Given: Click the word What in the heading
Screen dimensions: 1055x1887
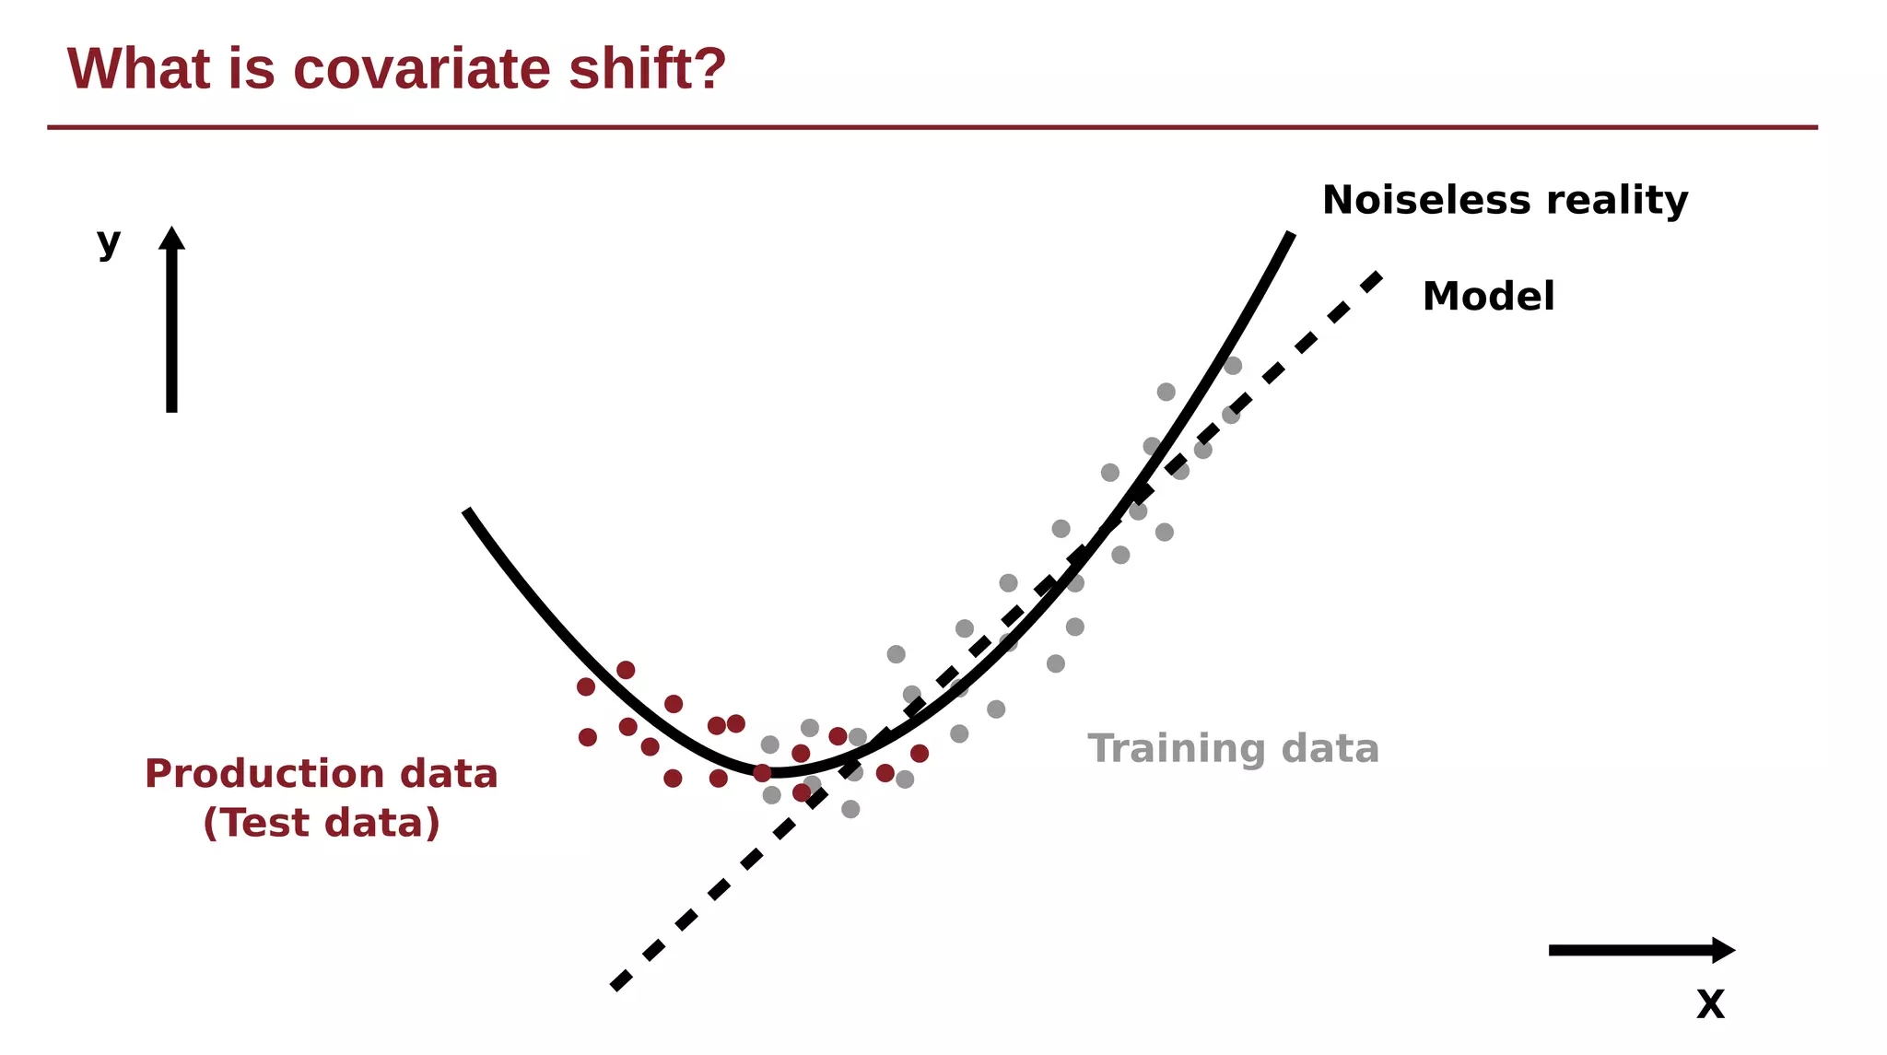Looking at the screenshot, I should click(x=139, y=68).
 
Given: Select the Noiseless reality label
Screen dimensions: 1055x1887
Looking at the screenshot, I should click(x=1505, y=200).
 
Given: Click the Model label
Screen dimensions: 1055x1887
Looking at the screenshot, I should click(x=1488, y=297).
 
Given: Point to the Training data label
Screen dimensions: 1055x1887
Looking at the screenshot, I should click(x=1233, y=748).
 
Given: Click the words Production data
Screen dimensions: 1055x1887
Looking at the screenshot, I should click(x=321, y=773).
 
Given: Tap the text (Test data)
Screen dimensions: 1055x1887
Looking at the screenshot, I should click(x=321, y=822).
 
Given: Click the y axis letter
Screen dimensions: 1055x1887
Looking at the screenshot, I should click(x=109, y=243).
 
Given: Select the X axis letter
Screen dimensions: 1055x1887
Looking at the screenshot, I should click(x=1710, y=1004).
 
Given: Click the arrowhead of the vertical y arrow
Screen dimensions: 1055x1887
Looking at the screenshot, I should click(x=171, y=238).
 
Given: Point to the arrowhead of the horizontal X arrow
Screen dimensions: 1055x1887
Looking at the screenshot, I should click(x=1723, y=950).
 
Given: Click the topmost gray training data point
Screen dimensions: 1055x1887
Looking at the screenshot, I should click(x=1233, y=366).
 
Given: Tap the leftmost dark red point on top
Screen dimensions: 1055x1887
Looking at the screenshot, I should click(x=586, y=686).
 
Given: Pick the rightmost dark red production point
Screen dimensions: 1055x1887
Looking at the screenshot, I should click(x=920, y=754).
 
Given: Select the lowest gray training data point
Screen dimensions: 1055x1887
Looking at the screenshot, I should click(x=850, y=809).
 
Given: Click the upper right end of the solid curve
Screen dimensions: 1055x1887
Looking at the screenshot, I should click(x=1291, y=235).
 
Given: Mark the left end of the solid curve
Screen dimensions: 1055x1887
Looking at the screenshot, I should click(x=467, y=510).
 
